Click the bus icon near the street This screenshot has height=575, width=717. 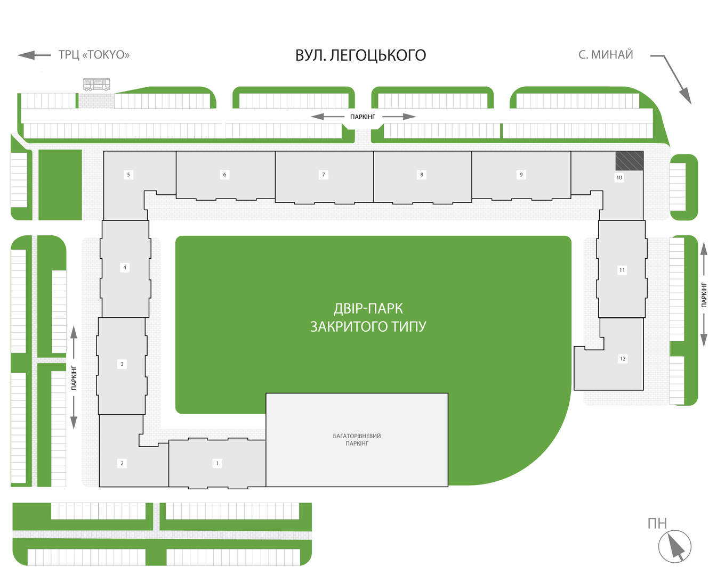coord(96,85)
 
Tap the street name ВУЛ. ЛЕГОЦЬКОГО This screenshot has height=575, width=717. coord(360,55)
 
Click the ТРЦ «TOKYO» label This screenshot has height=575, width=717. coord(94,54)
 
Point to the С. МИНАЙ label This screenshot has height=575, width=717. coord(606,54)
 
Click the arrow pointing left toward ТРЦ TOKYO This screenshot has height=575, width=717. coord(34,55)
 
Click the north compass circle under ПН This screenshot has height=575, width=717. coord(675,546)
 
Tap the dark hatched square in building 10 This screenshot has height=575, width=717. coord(629,161)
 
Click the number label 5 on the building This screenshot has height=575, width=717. coord(128,175)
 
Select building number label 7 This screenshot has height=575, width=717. coord(323,175)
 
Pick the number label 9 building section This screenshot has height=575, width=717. coord(521,175)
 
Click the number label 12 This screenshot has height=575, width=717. coord(623,358)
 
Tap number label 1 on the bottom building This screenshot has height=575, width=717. coord(217,463)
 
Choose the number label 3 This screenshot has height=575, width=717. coord(122,364)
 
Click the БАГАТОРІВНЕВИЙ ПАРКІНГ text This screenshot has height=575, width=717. coord(357,439)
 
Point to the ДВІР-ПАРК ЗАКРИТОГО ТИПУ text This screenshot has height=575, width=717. coord(368,317)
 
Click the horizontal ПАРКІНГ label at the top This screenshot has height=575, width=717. coord(362,117)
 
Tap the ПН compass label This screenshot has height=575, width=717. coord(657,523)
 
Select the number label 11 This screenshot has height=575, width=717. coord(622,270)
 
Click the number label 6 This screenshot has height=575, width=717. coord(224,175)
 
